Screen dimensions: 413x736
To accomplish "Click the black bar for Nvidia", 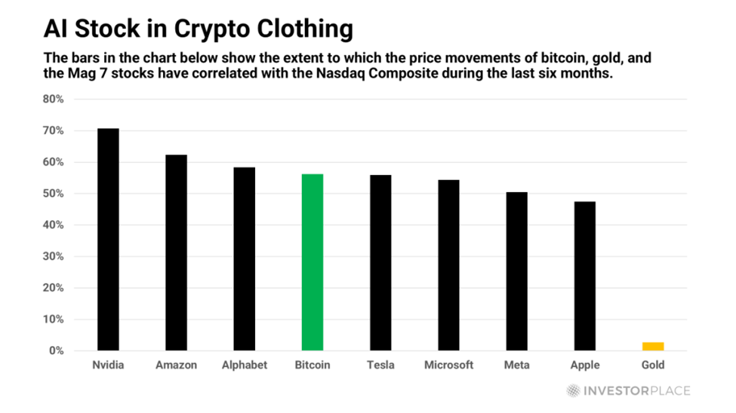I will click(108, 240).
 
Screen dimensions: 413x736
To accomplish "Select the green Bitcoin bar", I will click(313, 262).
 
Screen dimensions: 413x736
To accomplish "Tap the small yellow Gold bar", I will click(653, 347).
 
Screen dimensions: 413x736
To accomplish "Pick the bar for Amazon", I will click(176, 252).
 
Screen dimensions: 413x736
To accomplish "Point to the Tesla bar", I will click(380, 262).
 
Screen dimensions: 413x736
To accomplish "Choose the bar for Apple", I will click(584, 276).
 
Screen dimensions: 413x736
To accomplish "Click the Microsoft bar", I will click(448, 265).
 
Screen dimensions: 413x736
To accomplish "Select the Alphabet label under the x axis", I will click(245, 366).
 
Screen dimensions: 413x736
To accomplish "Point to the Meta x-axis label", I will click(516, 366).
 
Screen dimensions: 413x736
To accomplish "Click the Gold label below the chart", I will click(653, 366).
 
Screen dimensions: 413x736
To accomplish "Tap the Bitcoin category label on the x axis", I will click(313, 366).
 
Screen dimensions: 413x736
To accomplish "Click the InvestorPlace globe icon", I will click(574, 390).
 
